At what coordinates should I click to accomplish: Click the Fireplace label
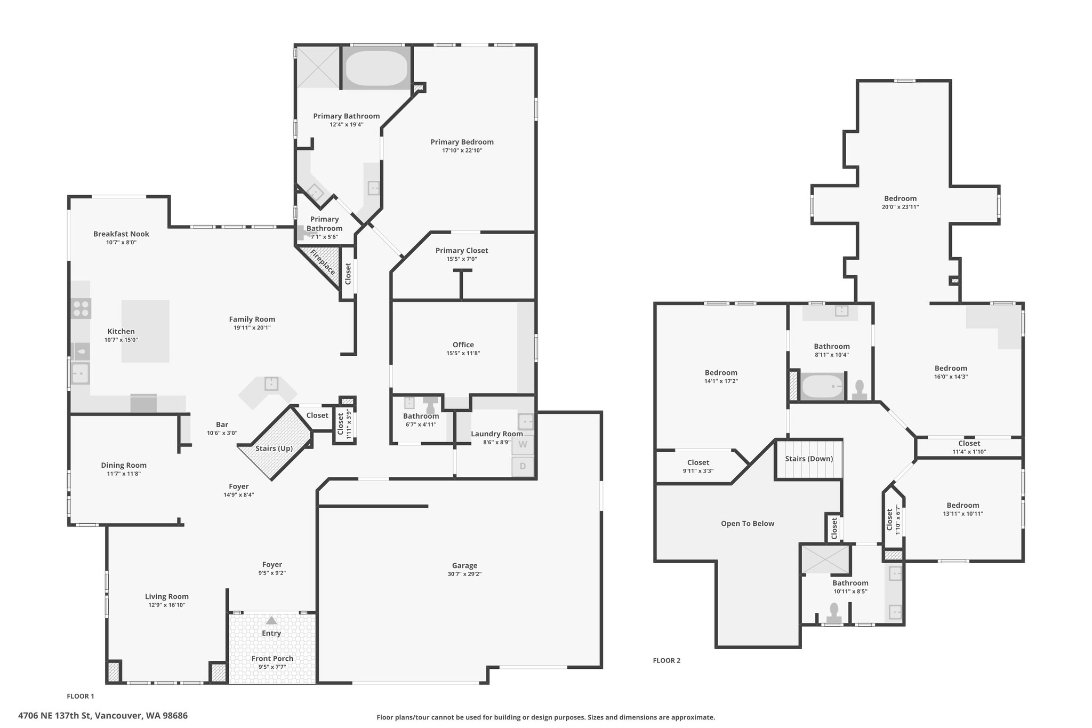[x=323, y=262]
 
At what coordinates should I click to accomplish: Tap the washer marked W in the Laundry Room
[x=523, y=444]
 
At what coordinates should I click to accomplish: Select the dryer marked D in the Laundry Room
[x=523, y=467]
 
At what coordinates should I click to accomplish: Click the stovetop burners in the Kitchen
[x=81, y=308]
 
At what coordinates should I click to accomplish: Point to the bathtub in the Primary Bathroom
[x=376, y=68]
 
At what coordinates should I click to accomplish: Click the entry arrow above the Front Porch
[x=271, y=620]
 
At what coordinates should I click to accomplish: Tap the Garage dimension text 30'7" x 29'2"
[x=464, y=574]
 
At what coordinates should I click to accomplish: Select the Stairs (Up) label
[x=274, y=449]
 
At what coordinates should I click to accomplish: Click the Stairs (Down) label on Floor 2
[x=809, y=459]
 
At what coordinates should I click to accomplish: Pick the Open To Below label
[x=748, y=523]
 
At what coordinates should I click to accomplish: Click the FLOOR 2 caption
[x=667, y=660]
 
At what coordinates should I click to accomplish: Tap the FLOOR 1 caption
[x=81, y=696]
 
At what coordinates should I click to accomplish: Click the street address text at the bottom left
[x=103, y=716]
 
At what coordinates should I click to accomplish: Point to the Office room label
[x=463, y=345]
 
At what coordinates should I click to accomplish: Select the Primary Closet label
[x=462, y=251]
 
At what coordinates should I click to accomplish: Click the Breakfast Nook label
[x=121, y=234]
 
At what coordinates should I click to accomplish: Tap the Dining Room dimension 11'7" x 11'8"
[x=124, y=474]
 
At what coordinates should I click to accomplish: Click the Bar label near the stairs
[x=222, y=425]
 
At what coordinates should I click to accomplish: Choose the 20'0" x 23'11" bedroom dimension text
[x=901, y=207]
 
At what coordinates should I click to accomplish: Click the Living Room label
[x=167, y=596]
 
